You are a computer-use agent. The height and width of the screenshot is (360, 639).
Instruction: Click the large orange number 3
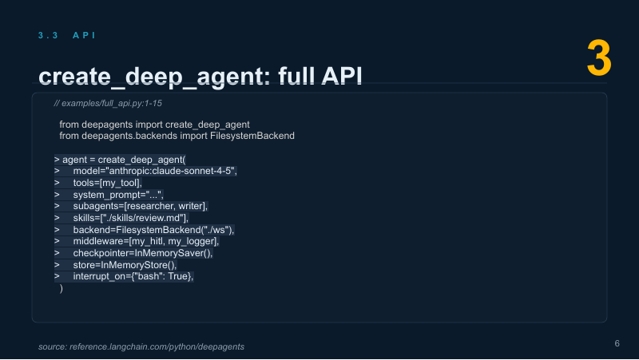pyautogui.click(x=599, y=57)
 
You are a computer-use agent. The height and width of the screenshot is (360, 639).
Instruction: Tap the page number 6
pyautogui.click(x=617, y=343)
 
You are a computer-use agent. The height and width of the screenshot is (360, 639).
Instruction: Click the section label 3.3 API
pyautogui.click(x=67, y=35)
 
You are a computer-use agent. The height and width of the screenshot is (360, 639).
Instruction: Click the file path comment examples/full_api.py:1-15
pyautogui.click(x=108, y=104)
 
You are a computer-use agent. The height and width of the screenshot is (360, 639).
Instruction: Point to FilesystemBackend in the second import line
pyautogui.click(x=252, y=136)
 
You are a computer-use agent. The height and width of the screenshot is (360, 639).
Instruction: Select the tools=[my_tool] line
pyautogui.click(x=108, y=183)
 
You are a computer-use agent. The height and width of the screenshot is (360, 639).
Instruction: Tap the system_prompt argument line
pyautogui.click(x=118, y=195)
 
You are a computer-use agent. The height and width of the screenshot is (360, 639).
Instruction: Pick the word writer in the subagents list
pyautogui.click(x=191, y=206)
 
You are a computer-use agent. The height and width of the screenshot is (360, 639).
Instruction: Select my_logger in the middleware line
pyautogui.click(x=192, y=241)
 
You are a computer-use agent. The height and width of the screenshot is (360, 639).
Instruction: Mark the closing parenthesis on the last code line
pyautogui.click(x=62, y=288)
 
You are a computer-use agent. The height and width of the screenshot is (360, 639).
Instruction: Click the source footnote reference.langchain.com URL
pyautogui.click(x=157, y=346)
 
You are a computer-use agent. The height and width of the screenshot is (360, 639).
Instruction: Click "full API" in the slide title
pyautogui.click(x=320, y=76)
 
